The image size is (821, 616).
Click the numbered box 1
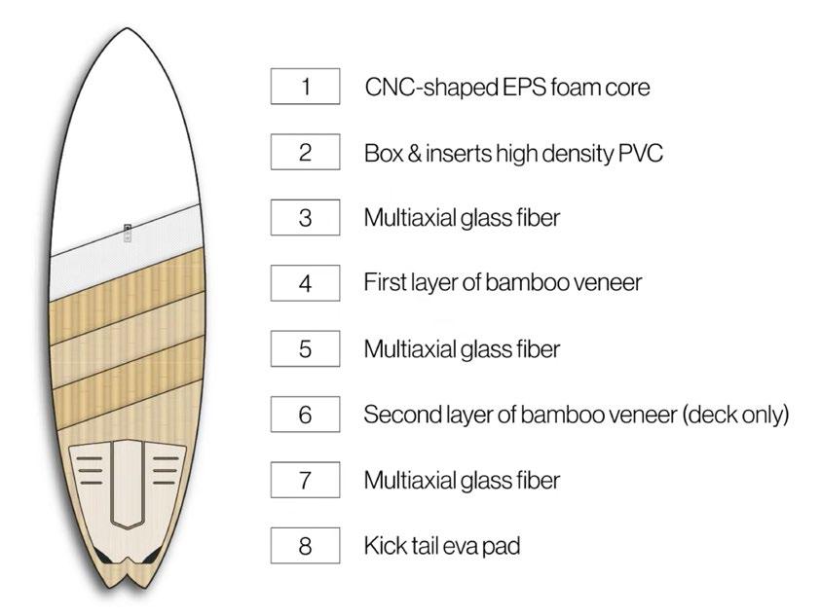305,87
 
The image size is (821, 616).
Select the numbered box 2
305,153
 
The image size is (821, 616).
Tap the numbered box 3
305,218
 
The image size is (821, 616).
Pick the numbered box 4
305,283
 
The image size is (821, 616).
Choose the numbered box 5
305,348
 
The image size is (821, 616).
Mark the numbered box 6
305,415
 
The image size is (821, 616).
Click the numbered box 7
305,480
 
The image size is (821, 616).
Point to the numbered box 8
305,545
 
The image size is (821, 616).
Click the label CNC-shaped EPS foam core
507,88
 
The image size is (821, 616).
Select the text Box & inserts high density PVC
513,153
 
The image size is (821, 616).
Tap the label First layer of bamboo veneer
503,283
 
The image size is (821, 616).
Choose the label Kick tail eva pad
441,545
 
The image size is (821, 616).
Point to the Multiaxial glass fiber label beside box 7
462,480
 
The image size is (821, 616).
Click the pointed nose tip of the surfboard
127,30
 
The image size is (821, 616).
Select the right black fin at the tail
155,556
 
